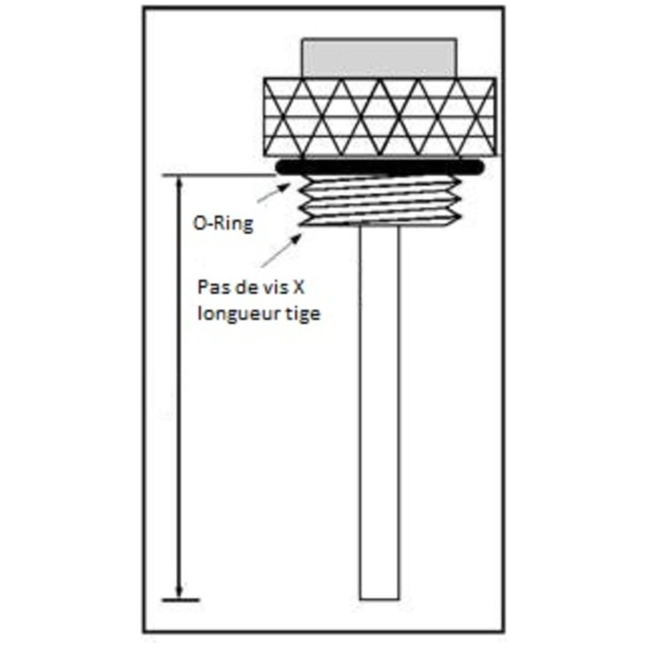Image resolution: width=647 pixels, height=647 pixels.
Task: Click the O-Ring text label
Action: click(x=223, y=224)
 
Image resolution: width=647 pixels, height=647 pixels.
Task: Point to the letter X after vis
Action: click(x=299, y=287)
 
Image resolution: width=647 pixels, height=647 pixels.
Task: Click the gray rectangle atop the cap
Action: click(x=379, y=58)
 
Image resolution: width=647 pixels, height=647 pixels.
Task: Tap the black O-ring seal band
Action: click(x=380, y=166)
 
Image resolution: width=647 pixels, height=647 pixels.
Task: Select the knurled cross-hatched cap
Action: click(x=380, y=117)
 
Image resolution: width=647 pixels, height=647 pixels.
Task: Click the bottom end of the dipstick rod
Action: click(x=379, y=599)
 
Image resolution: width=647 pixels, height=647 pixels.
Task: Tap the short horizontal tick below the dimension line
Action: click(x=180, y=600)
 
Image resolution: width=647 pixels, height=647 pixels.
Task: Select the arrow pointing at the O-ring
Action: click(x=274, y=192)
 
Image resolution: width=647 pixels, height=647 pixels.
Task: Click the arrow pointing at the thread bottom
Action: click(x=281, y=251)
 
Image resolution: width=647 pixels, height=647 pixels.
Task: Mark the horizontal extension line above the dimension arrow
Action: click(x=220, y=175)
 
